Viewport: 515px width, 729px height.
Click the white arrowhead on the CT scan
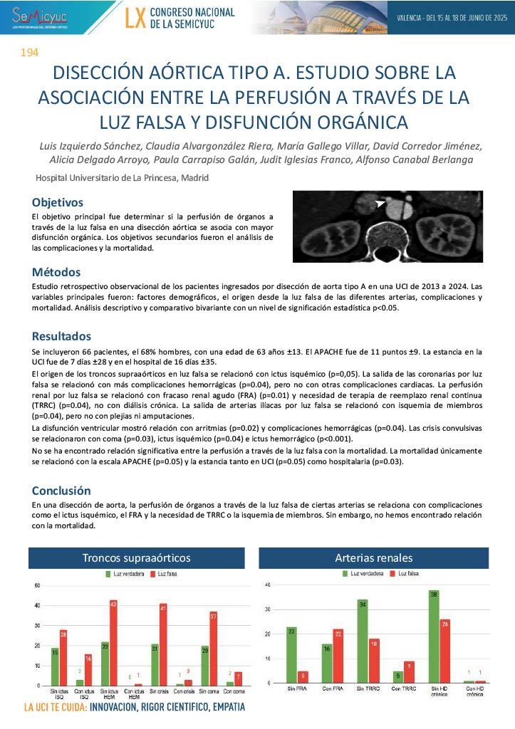point(383,205)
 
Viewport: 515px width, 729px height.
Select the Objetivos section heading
point(58,202)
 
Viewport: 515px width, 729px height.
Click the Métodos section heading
point(56,272)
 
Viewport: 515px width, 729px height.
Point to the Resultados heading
point(61,336)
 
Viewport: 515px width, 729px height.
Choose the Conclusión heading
point(61,491)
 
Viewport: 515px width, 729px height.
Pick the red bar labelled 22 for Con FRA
point(338,656)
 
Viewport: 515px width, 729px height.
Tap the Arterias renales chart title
point(374,558)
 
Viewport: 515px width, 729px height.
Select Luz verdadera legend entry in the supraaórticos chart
point(125,573)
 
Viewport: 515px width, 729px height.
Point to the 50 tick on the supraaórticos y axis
point(36,585)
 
